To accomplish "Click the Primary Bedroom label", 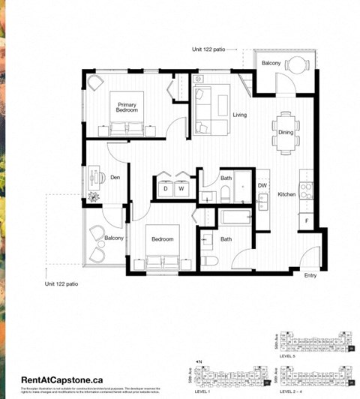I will click(127, 107).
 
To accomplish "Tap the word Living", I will click(240, 115).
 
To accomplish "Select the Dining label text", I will click(286, 133).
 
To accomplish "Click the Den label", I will click(115, 178).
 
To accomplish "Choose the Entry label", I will click(310, 275).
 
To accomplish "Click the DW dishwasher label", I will click(262, 185).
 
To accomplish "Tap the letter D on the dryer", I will click(166, 189).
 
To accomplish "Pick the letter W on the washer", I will click(181, 189).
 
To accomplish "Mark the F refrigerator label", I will click(306, 220).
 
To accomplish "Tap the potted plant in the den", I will click(94, 197).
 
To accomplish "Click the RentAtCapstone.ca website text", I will click(61, 380).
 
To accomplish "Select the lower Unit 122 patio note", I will click(61, 284).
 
